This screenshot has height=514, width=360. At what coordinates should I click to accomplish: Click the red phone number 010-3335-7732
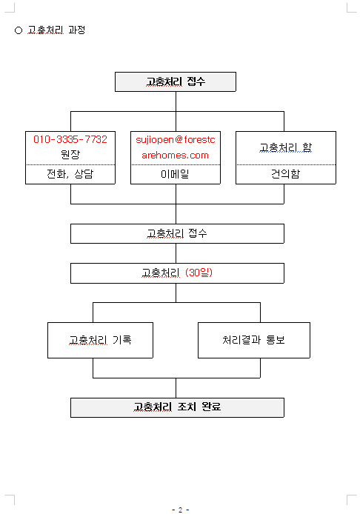pos(70,139)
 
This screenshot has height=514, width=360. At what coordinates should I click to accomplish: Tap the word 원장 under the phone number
pos(70,154)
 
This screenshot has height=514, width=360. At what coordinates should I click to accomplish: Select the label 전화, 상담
pos(70,174)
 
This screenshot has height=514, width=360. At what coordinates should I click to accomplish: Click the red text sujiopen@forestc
pos(176,140)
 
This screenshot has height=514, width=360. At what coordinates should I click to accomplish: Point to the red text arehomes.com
pos(176,155)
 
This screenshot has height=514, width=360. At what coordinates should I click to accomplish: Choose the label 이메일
pos(175,174)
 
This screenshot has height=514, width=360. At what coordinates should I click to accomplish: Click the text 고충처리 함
pos(286,147)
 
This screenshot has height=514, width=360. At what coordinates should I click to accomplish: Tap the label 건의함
pos(286,174)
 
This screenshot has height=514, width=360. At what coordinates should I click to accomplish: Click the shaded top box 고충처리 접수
pos(176,81)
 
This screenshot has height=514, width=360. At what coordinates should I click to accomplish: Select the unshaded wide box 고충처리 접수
pos(177,233)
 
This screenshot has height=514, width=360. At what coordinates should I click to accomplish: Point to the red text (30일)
pos(199,273)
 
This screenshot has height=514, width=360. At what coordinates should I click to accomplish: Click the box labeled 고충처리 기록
pos(100,340)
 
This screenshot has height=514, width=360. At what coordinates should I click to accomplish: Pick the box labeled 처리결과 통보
pos(254,340)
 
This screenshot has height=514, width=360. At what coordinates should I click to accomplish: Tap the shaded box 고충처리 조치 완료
pos(177,407)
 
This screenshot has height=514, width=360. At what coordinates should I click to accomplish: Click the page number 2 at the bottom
pos(180,510)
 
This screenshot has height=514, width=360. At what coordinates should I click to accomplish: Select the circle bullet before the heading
pos(19,30)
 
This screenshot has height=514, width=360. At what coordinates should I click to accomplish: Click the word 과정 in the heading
pos(77,30)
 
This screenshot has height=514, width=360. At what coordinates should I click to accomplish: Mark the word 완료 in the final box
pos(211,407)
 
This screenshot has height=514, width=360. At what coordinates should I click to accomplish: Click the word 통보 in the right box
pos(276,340)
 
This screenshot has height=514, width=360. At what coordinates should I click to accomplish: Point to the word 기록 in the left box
pos(122,340)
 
